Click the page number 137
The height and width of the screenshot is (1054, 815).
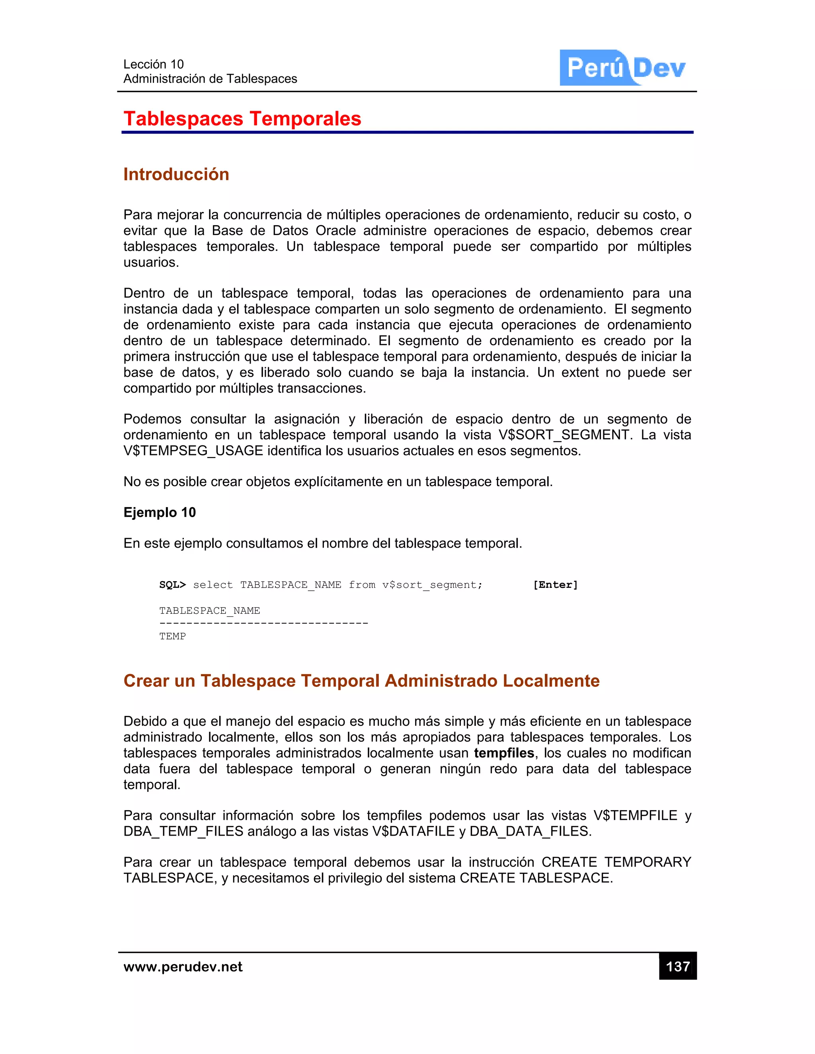point(677,966)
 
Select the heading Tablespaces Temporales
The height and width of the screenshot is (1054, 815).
point(242,119)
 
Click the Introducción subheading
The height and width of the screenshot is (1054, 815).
point(176,174)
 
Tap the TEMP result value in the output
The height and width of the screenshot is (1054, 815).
point(172,636)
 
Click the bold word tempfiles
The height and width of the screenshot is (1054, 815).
point(503,753)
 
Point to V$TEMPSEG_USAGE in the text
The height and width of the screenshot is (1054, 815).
point(193,451)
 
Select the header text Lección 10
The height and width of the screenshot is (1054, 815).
point(154,64)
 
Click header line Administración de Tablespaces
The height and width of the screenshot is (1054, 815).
point(210,79)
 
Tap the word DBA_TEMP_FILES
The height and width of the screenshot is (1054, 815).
point(183,831)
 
